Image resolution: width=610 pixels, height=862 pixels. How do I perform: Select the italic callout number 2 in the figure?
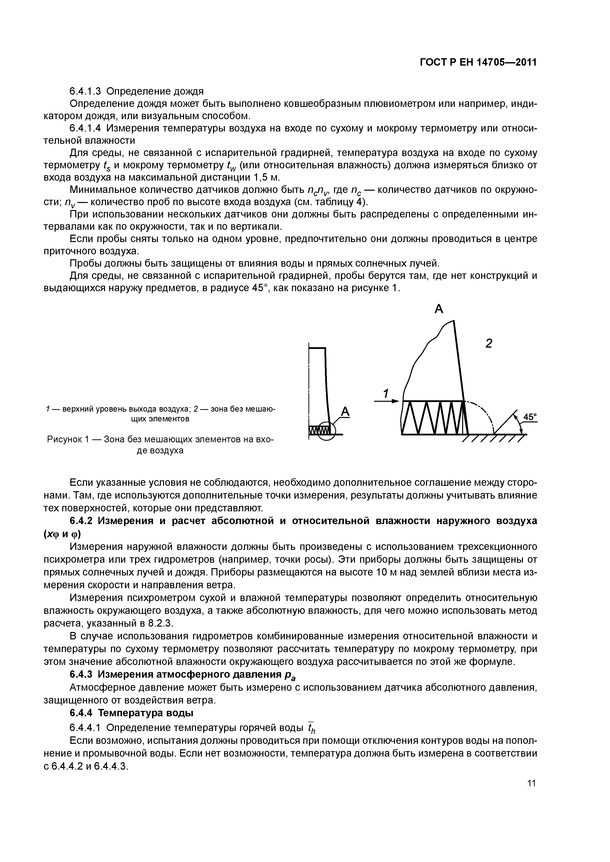(x=488, y=343)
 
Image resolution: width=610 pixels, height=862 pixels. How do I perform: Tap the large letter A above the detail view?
(x=439, y=309)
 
